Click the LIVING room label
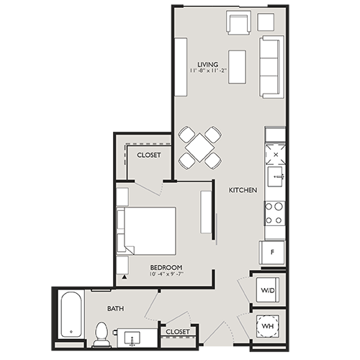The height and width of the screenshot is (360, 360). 208,63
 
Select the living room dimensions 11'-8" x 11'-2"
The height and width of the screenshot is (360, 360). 208,71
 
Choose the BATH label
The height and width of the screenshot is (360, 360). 116,308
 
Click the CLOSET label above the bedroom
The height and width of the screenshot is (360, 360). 149,155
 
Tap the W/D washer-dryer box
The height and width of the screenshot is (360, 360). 266,291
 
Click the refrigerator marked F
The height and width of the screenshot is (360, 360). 273,253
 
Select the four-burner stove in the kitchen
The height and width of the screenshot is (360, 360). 274,212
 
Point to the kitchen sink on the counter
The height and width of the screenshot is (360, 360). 275,176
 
